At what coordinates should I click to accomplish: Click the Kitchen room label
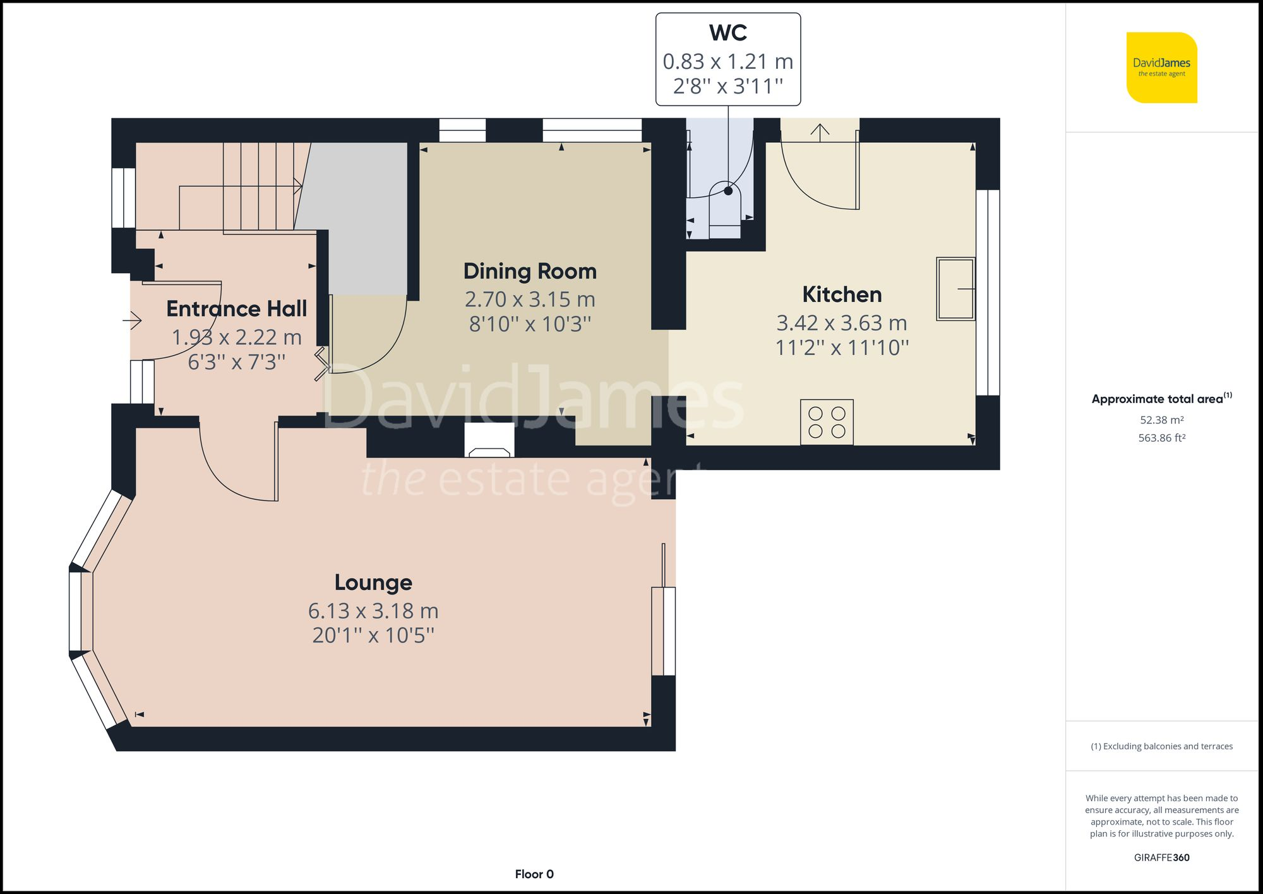[842, 294]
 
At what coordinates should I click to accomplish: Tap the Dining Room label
[530, 271]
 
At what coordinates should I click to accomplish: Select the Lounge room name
[373, 582]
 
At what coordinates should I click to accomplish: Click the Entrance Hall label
[237, 308]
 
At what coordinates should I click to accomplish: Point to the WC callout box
[728, 59]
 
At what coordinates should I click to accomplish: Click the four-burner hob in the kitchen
[827, 422]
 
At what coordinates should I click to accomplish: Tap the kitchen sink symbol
[955, 289]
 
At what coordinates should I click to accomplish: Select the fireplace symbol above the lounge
[489, 441]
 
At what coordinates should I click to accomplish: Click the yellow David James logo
[1161, 68]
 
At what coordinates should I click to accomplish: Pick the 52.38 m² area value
[1161, 420]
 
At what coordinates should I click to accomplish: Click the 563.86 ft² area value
[1161, 438]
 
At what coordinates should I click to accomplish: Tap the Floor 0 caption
[534, 874]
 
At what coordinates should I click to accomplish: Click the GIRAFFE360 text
[1161, 857]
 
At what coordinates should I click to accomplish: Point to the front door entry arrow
[133, 321]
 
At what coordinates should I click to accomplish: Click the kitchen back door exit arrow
[820, 131]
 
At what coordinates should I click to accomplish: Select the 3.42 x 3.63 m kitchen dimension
[842, 323]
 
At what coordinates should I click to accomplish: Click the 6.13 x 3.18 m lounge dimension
[373, 611]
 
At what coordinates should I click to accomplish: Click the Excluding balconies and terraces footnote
[1161, 746]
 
